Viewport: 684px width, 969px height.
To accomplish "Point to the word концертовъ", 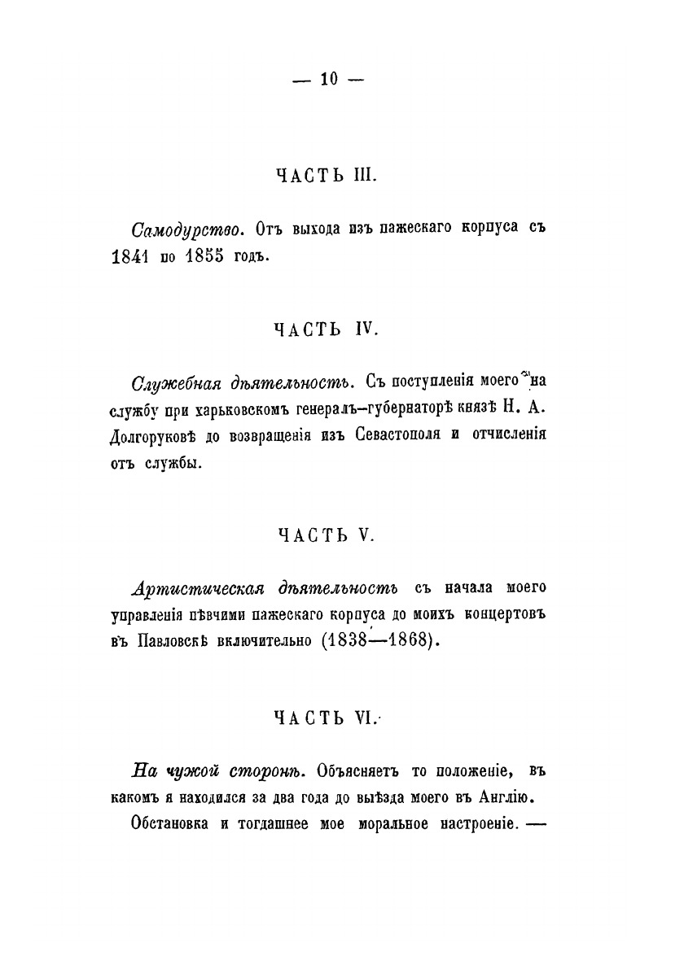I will pyautogui.click(x=505, y=613).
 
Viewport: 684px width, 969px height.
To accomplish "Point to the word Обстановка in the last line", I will pyautogui.click(x=169, y=823).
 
